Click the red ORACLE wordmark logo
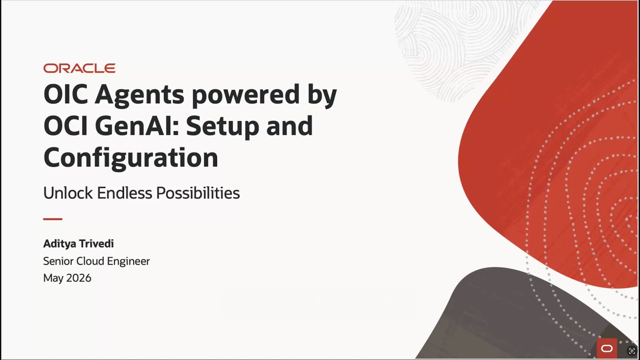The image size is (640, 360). pyautogui.click(x=79, y=68)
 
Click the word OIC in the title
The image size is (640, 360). pyautogui.click(x=65, y=94)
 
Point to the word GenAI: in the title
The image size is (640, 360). pyautogui.click(x=137, y=125)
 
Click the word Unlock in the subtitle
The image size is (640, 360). pyautogui.click(x=68, y=193)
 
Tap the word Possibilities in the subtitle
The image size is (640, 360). pyautogui.click(x=198, y=193)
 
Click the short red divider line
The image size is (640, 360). pyautogui.click(x=53, y=219)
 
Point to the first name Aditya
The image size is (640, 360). pyautogui.click(x=59, y=243)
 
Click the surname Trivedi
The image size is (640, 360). pyautogui.click(x=96, y=243)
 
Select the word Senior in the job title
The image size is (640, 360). pyautogui.click(x=58, y=261)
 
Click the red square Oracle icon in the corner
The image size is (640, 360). pyautogui.click(x=606, y=348)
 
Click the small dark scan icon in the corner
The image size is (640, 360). pyautogui.click(x=631, y=350)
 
